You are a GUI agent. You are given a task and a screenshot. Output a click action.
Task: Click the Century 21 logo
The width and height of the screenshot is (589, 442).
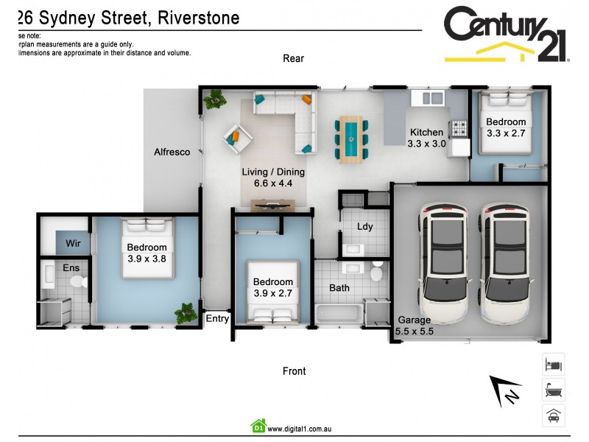(x=506, y=34)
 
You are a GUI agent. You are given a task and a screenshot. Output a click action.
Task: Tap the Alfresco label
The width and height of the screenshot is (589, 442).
(x=172, y=152)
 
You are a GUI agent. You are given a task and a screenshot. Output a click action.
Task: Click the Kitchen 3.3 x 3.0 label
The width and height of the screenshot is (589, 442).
(x=426, y=138)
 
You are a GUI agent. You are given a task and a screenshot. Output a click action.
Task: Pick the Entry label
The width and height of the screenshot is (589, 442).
(x=217, y=319)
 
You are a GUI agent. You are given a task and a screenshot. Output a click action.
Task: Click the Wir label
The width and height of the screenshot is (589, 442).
(x=73, y=242)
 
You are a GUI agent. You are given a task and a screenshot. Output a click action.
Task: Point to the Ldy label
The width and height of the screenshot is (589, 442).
(x=364, y=227)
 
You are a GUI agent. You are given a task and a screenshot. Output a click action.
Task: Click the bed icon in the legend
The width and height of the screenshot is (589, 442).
(x=553, y=364)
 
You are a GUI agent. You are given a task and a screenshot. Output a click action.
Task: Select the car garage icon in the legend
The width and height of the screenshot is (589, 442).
(x=553, y=415)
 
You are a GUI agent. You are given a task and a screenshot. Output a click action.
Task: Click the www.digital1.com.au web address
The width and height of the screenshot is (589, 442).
(x=300, y=428)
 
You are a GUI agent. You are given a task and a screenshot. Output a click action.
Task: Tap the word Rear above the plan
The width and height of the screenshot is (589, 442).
(x=293, y=58)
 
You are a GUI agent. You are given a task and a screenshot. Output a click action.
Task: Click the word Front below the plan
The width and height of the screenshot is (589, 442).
(x=294, y=371)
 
